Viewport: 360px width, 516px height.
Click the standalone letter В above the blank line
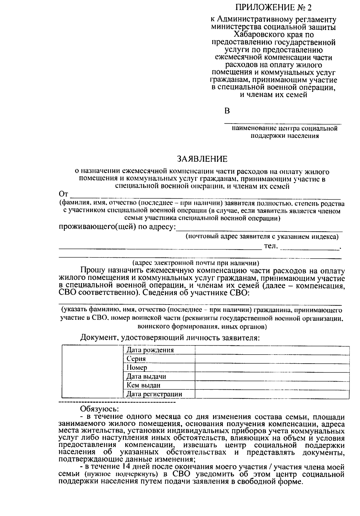pyautogui.click(x=227, y=111)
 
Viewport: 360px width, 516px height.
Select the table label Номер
pyautogui.click(x=137, y=367)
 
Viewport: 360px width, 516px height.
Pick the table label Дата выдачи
pyautogui.click(x=146, y=376)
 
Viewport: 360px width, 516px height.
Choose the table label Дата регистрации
pyautogui.click(x=154, y=394)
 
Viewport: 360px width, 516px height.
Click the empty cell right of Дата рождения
pyautogui.click(x=272, y=350)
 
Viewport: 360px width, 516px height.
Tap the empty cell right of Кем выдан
pyautogui.click(x=272, y=385)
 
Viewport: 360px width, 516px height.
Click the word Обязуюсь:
pyautogui.click(x=99, y=409)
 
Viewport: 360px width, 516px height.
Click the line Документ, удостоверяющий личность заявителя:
pyautogui.click(x=170, y=338)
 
